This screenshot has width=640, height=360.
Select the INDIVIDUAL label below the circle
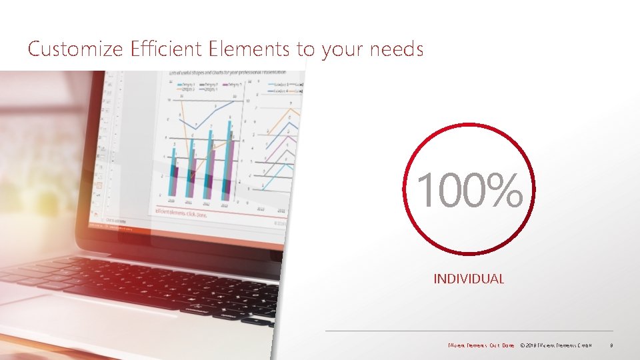pos(469,279)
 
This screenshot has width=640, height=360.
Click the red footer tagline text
pos(481,345)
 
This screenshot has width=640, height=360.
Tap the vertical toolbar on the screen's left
pos(101,147)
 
